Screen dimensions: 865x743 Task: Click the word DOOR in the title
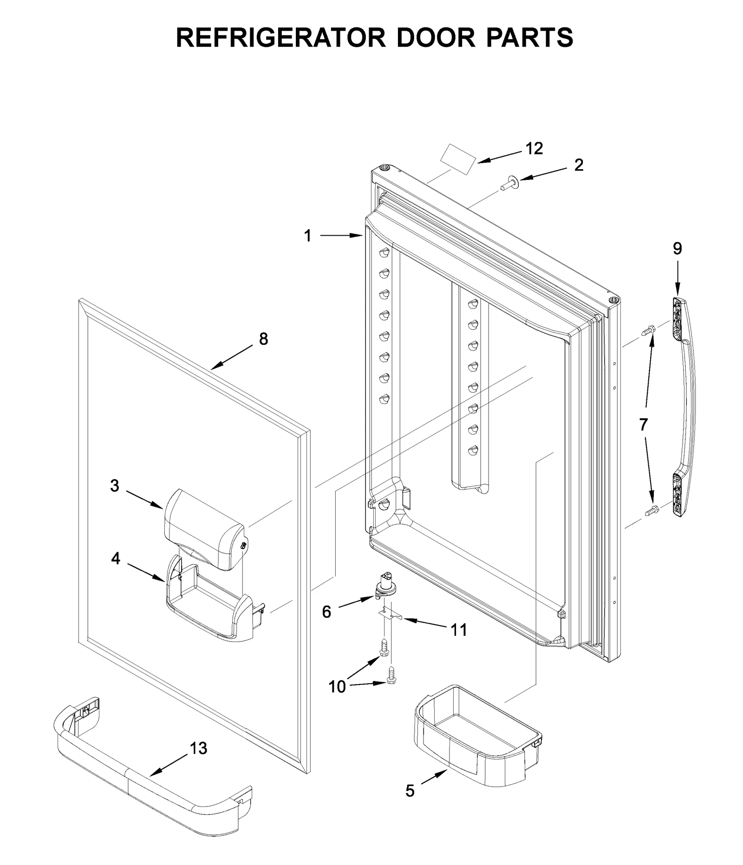pyautogui.click(x=436, y=37)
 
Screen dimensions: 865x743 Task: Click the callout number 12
pyautogui.click(x=534, y=148)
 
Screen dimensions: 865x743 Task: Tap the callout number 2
pyautogui.click(x=579, y=165)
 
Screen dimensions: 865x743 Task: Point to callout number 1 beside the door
pyautogui.click(x=307, y=236)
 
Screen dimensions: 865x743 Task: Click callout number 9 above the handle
pyautogui.click(x=677, y=249)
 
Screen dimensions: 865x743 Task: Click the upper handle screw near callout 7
pyautogui.click(x=648, y=331)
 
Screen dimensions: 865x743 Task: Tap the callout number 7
pyautogui.click(x=643, y=424)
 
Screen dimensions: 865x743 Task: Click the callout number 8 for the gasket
pyautogui.click(x=263, y=339)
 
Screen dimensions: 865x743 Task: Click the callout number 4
pyautogui.click(x=116, y=558)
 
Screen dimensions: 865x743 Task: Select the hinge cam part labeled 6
pyautogui.click(x=384, y=588)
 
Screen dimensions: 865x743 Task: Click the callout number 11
pyautogui.click(x=459, y=630)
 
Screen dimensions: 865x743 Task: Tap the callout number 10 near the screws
pyautogui.click(x=338, y=686)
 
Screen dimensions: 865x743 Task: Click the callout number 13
pyautogui.click(x=198, y=748)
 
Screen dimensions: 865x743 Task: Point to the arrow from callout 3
pyautogui.click(x=144, y=499)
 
